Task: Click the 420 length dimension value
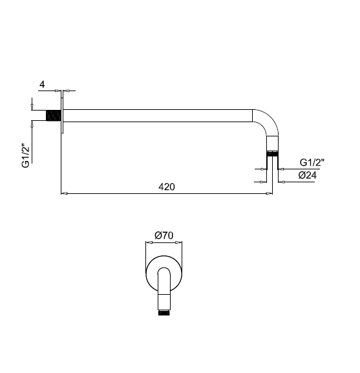click(x=167, y=187)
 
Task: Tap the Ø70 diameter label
click(x=164, y=235)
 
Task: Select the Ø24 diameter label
click(x=308, y=175)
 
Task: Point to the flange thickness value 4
click(x=42, y=85)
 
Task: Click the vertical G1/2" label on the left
click(x=26, y=156)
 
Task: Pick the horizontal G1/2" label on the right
click(x=312, y=163)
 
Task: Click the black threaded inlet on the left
click(x=53, y=115)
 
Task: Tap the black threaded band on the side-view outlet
click(x=272, y=154)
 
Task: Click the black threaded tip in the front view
click(x=164, y=312)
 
